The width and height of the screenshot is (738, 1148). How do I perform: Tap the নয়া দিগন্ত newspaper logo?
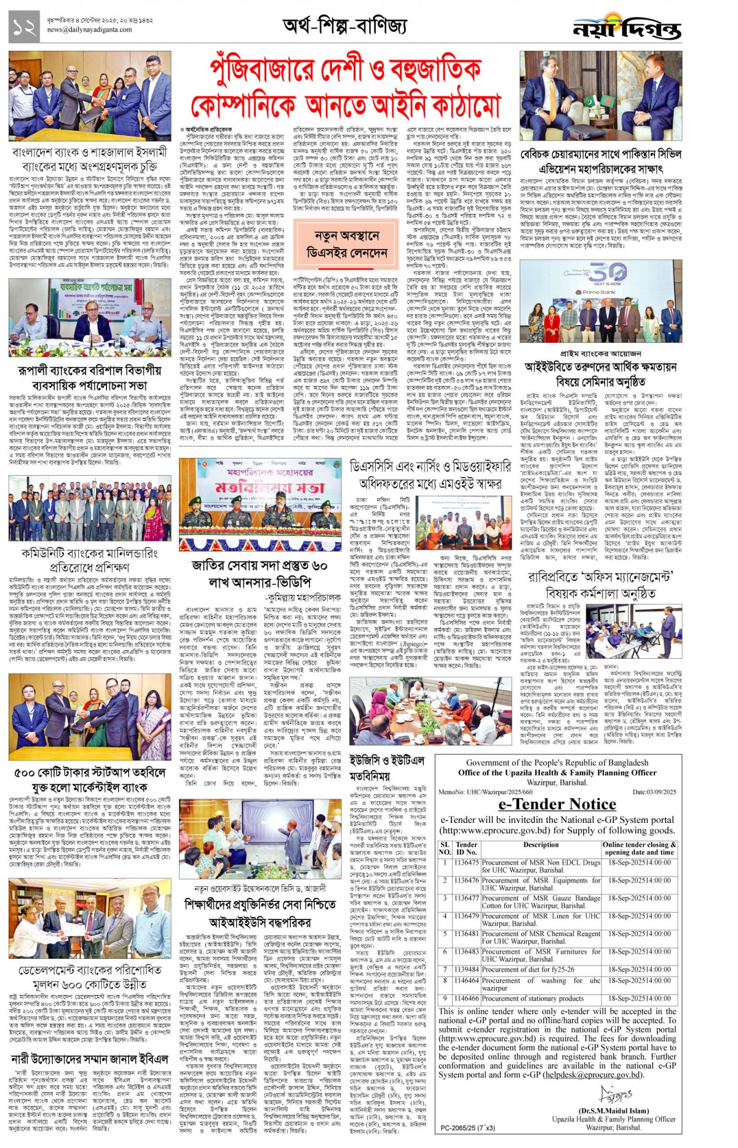tap(627, 28)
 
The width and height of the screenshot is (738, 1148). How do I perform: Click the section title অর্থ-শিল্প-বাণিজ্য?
tap(344, 26)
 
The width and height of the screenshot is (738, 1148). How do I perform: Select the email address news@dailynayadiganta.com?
tap(89, 29)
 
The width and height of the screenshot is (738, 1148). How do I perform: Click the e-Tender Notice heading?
tap(557, 804)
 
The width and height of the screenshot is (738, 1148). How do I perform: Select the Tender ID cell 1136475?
tap(466, 862)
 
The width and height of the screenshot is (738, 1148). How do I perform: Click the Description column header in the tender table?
tap(541, 844)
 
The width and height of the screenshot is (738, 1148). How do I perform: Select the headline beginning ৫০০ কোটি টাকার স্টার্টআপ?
tap(90, 779)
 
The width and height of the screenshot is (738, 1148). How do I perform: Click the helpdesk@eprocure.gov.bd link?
tap(593, 1075)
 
